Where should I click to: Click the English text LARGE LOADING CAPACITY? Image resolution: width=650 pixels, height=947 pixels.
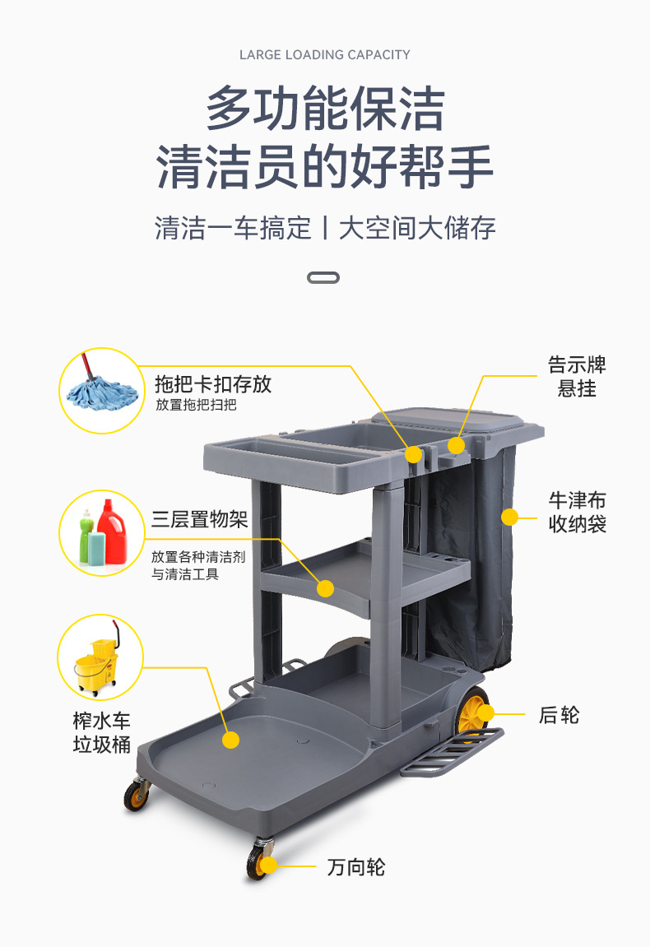coord(324,55)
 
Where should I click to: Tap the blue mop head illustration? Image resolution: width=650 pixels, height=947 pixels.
coord(101,394)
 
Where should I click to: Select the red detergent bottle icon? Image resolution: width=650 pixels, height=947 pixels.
coord(112,532)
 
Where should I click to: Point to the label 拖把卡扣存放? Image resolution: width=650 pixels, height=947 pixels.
coord(213,384)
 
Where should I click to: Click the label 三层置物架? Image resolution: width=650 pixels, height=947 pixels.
coord(199,519)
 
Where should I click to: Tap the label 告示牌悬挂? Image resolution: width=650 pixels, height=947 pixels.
coord(577,376)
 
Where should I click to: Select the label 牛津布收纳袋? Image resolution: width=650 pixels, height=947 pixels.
coord(577,512)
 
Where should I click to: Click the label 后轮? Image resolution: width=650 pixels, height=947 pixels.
coord(559,715)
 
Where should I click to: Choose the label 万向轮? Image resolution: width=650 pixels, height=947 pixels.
coord(356,867)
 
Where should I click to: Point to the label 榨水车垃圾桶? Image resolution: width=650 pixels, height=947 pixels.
coord(101,732)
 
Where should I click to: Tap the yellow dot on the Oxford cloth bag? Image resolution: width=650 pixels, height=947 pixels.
coord(510,517)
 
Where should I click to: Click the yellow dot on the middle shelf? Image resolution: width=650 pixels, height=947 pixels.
coord(326,588)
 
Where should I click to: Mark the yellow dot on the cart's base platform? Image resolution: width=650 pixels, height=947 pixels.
coord(230,740)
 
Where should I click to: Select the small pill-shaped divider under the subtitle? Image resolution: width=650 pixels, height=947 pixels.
coord(323,278)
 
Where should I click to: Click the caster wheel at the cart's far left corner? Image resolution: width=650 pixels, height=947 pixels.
coord(136,794)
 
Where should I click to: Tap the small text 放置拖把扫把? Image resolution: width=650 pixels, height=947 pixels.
coord(197,405)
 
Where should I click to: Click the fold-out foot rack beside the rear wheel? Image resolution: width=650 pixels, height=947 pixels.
coord(452,752)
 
